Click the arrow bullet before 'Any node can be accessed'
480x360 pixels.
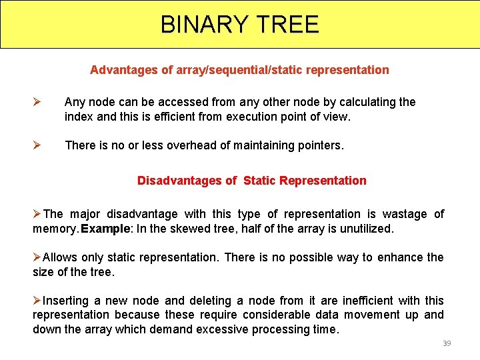(x=38, y=102)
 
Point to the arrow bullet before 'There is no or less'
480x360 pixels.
(x=38, y=145)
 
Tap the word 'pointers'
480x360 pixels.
(x=319, y=145)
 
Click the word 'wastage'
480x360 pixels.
(x=406, y=214)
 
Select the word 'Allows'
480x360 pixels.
(x=60, y=257)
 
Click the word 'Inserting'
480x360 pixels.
(x=65, y=301)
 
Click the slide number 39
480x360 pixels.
(x=447, y=343)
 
